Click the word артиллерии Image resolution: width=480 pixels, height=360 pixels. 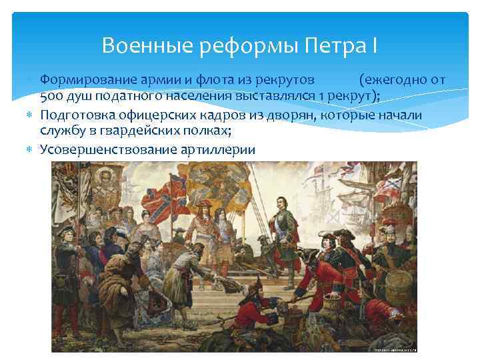pos(217,149)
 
